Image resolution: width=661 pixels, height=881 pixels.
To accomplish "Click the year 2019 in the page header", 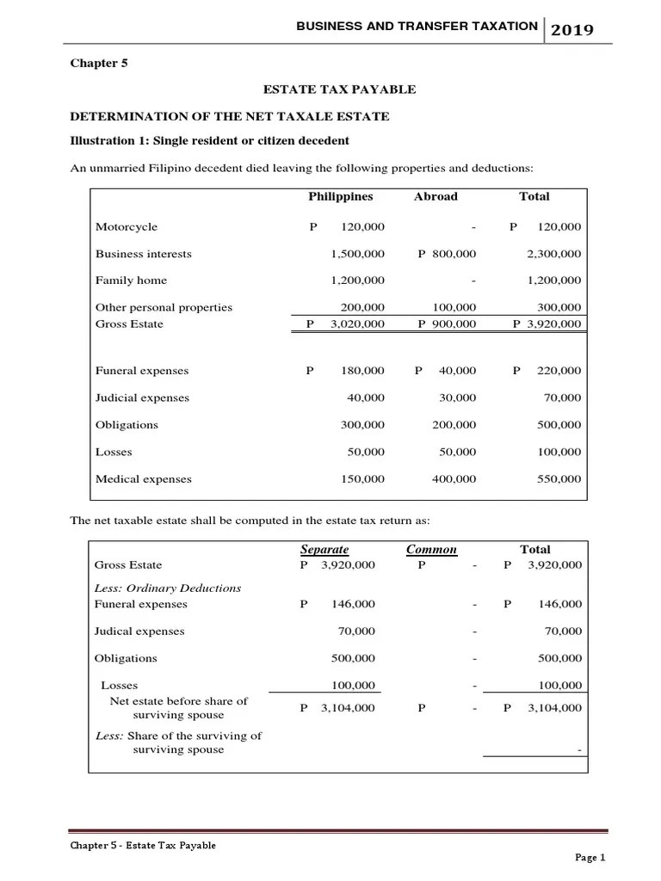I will coord(572,29).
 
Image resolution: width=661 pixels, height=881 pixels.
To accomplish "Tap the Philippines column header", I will coord(341,196).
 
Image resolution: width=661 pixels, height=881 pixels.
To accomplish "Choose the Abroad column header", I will coord(436,196).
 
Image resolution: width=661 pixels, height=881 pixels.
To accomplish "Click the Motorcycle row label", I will coord(127,227).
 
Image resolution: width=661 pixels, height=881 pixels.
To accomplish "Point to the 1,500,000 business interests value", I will coord(357,254).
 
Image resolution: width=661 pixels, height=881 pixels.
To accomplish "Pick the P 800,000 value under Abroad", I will coord(447,254).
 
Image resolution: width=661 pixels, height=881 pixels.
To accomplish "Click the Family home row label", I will coord(131,280).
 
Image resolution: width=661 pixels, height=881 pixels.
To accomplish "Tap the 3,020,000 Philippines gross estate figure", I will coord(357,324).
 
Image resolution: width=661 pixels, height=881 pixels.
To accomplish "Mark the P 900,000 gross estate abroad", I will coord(447,324).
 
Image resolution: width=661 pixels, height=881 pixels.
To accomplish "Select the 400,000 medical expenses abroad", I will coord(454,479).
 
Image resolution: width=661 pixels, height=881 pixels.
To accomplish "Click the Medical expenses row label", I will coord(143,479).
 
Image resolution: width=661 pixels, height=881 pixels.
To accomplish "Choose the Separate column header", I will coord(324,550).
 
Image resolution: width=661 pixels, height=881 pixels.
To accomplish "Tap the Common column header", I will coord(431,550).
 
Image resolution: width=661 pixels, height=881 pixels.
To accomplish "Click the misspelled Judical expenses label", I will coord(139,631).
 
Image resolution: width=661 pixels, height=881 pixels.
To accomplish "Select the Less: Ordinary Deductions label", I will coord(167,588).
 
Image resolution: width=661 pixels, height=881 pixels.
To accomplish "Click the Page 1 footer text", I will coord(590,857).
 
